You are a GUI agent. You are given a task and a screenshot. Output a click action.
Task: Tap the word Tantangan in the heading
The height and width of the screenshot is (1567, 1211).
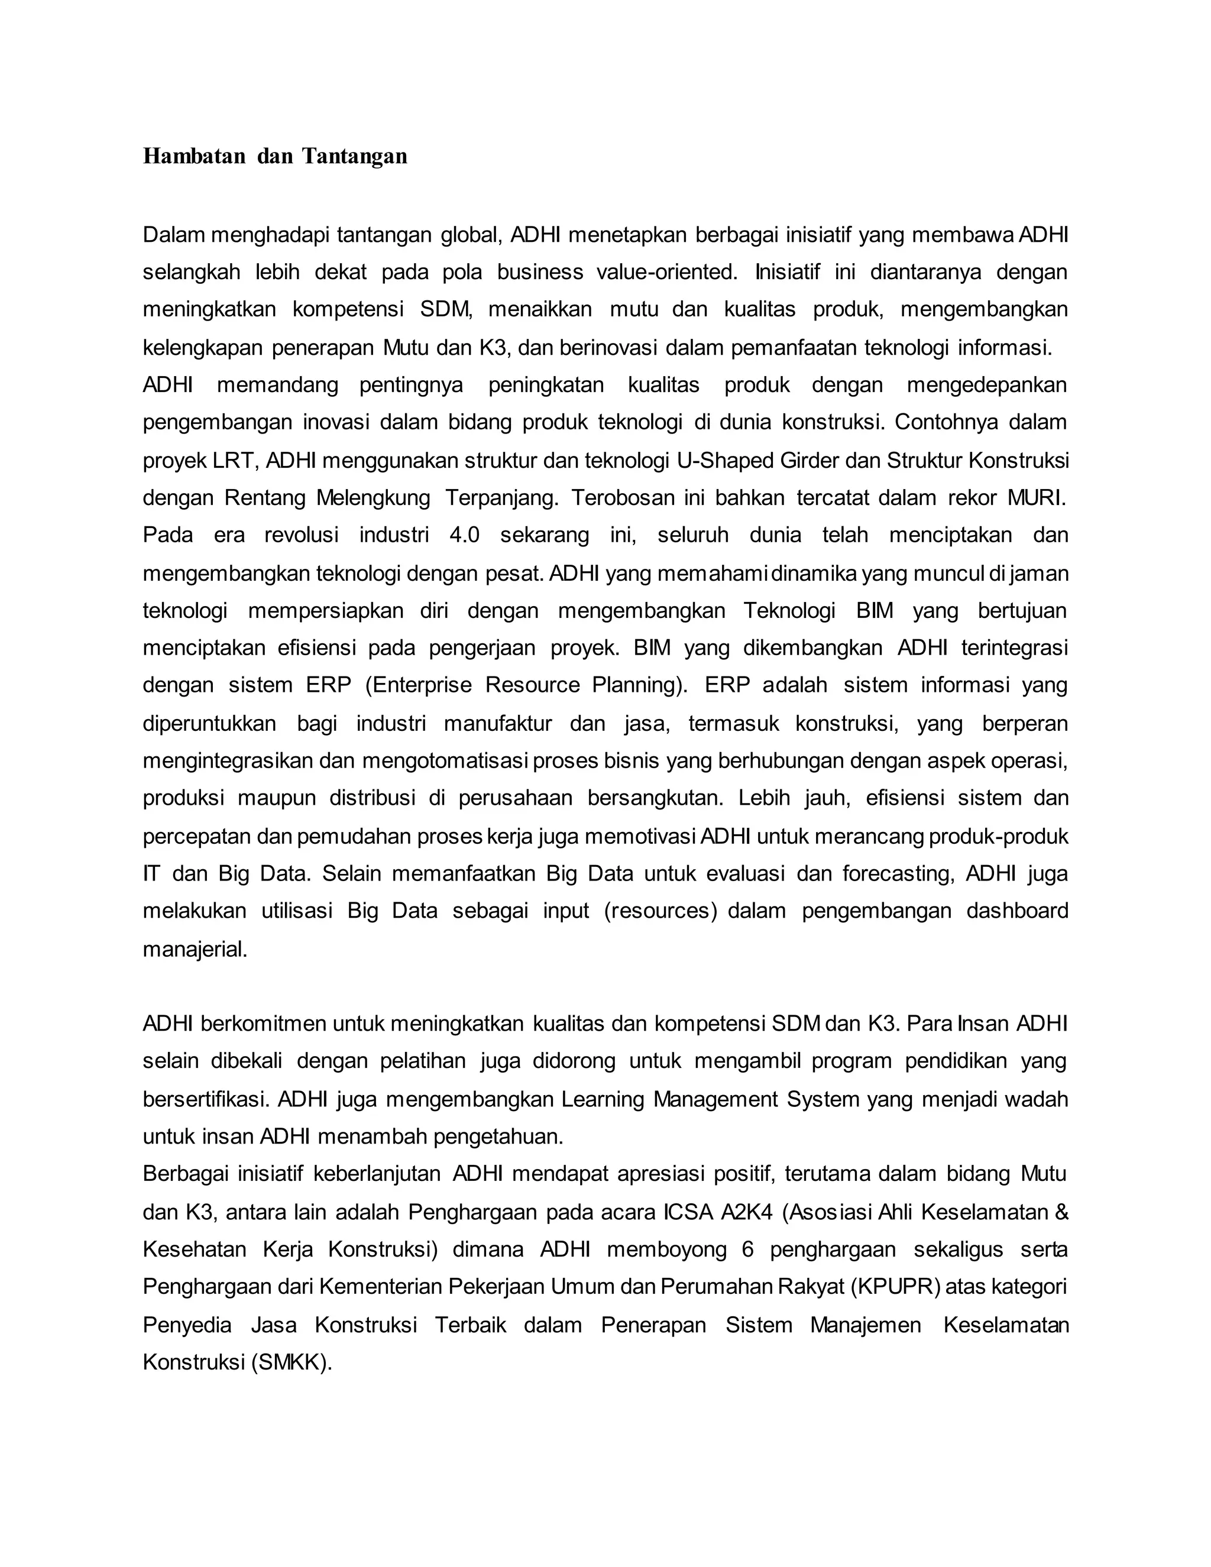354,157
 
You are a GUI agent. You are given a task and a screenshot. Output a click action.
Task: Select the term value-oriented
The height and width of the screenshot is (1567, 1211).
666,272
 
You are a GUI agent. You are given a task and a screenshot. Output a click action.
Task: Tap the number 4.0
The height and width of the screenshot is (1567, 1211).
464,535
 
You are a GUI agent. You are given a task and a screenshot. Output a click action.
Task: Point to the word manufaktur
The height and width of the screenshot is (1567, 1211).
498,723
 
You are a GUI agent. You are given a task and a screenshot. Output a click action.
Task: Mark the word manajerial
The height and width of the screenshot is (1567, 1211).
195,949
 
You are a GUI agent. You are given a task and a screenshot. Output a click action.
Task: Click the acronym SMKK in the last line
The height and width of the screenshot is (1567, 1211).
290,1362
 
